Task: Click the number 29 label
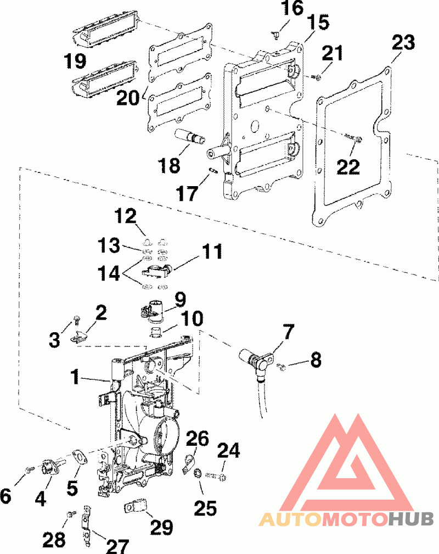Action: (162, 528)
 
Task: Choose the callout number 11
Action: (211, 251)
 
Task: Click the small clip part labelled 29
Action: (137, 507)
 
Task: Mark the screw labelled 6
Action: (30, 470)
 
